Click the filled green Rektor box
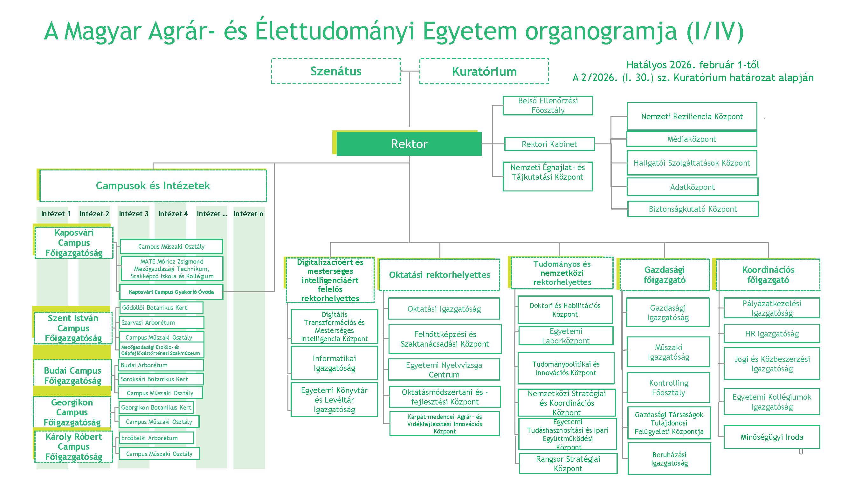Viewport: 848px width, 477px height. tap(409, 144)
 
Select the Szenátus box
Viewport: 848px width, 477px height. tap(336, 71)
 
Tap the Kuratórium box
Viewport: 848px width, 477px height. tap(484, 71)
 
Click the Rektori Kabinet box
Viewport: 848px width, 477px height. tap(549, 144)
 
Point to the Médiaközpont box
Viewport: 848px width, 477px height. tap(692, 139)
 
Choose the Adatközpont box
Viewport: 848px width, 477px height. tap(692, 187)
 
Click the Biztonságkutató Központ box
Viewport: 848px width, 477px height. tap(693, 209)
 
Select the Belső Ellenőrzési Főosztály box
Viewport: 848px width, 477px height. tap(548, 105)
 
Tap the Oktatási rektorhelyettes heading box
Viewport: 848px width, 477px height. tap(439, 275)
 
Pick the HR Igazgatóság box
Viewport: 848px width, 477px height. tap(772, 334)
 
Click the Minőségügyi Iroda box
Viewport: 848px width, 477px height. tap(772, 437)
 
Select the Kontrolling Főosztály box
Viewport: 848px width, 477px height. tap(668, 388)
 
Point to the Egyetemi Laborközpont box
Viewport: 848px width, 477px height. tap(566, 336)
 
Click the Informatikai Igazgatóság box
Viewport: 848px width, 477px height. tap(334, 363)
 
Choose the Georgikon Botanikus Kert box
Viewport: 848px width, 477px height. tap(156, 408)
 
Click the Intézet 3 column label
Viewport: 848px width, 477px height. tap(134, 214)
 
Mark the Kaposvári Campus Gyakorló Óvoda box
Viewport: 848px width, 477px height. tap(171, 292)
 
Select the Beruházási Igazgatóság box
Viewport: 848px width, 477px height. tap(669, 459)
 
